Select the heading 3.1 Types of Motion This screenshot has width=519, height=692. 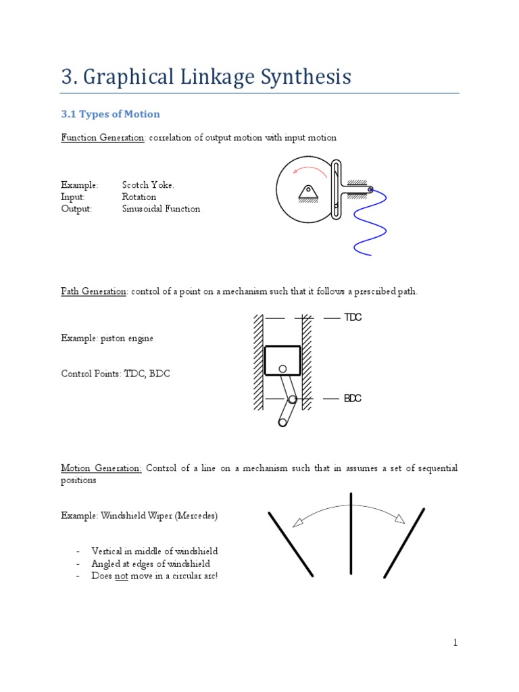click(110, 114)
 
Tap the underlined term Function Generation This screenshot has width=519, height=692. click(103, 138)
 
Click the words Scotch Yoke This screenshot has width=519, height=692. click(153, 185)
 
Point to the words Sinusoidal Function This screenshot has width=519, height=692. click(161, 209)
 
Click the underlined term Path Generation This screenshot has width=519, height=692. click(94, 292)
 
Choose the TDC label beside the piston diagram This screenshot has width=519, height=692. click(353, 318)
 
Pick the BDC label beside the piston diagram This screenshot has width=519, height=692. click(353, 399)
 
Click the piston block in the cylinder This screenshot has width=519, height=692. click(282, 361)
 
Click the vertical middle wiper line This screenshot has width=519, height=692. click(351, 533)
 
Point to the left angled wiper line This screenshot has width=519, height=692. click(291, 544)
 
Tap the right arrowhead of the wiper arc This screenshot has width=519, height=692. click(399, 518)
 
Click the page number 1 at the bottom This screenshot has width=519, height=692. click(455, 643)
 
